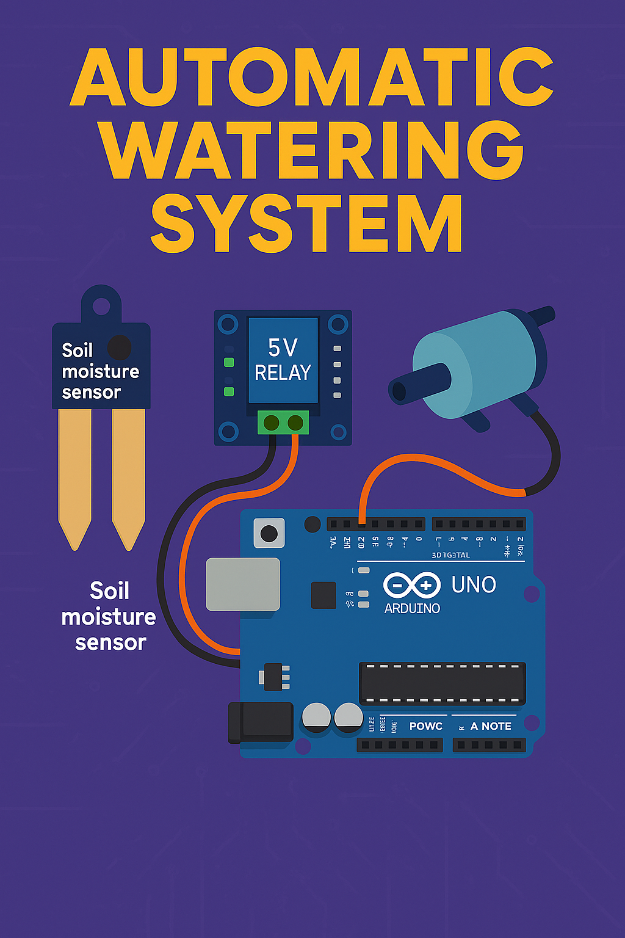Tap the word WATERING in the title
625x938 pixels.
tap(312, 150)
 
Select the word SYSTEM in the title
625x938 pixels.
tap(306, 224)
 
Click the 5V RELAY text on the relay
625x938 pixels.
tap(283, 360)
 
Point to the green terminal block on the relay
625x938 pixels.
tap(283, 422)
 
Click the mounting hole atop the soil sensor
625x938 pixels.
tap(101, 305)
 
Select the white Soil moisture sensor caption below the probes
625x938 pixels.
tap(109, 617)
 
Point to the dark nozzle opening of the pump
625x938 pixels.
tap(399, 391)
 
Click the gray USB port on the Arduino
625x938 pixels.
tap(243, 584)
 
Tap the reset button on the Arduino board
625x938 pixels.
tap(269, 533)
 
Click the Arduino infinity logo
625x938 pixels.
tap(412, 586)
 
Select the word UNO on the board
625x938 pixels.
tap(474, 585)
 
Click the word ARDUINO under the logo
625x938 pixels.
tap(412, 608)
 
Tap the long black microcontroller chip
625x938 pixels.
tap(442, 683)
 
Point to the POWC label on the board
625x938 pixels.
tap(425, 726)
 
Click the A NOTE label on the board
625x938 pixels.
tap(491, 726)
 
